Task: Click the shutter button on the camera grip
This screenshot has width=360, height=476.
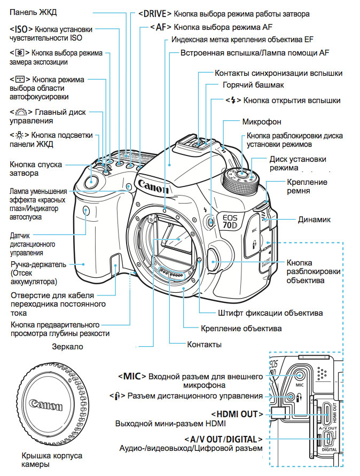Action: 91,181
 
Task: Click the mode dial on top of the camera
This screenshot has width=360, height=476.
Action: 241,181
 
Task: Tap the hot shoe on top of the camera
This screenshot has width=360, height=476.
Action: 202,143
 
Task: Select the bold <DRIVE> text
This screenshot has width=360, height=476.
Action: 155,13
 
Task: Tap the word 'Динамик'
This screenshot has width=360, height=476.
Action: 314,219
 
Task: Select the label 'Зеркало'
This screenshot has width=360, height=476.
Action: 67,346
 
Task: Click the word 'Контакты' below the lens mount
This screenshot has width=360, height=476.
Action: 204,345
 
